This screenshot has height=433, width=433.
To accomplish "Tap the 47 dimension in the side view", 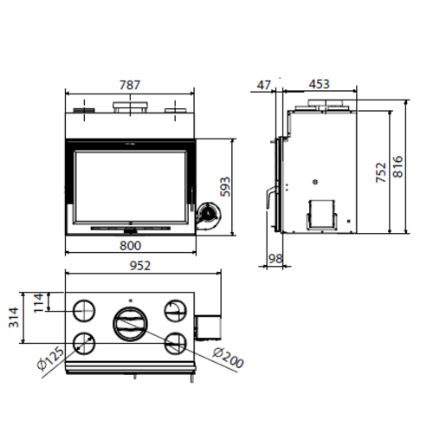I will point(264,85).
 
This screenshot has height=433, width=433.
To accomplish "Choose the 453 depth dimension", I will point(318,85).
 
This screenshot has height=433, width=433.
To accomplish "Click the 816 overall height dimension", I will point(399,165).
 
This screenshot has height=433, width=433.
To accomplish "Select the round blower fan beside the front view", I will point(208,214).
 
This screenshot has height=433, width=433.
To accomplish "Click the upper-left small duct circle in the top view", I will point(85,309).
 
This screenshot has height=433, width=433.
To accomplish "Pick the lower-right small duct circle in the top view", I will point(174,341).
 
